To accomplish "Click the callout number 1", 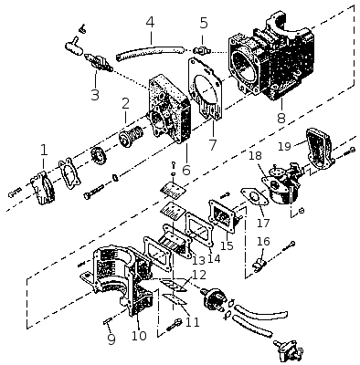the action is [x=44, y=151].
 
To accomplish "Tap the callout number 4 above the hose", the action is [x=151, y=22].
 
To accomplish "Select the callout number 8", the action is [x=281, y=117].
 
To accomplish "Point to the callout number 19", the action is [x=285, y=146].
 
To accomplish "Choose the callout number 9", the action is [x=111, y=339].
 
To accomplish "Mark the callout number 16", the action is [x=263, y=241].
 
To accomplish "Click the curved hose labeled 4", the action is [x=151, y=52].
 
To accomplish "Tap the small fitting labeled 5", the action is [x=201, y=48].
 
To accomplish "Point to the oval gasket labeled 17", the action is [x=254, y=197].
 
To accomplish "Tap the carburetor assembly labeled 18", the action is [x=281, y=184].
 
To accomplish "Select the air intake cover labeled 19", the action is [x=319, y=149].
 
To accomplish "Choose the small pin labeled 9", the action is [x=109, y=320].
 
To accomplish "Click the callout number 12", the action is [x=199, y=275].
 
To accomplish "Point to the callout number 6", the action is [x=186, y=170].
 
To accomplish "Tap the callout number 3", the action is [x=95, y=95].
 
